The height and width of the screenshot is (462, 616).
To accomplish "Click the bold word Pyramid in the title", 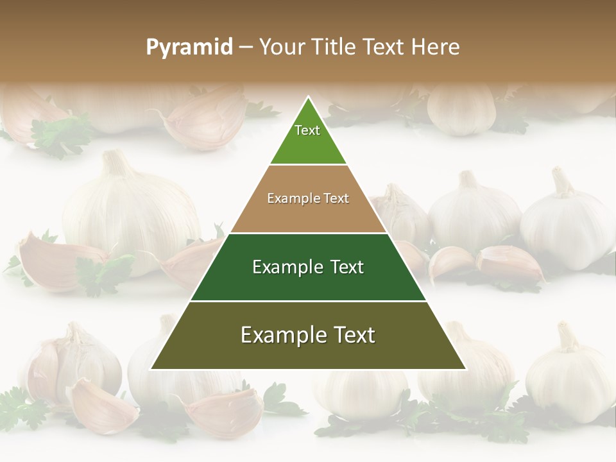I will [189, 47].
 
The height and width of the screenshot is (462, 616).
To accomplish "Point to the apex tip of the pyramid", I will [308, 98].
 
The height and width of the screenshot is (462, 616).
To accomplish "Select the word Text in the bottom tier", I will [352, 335].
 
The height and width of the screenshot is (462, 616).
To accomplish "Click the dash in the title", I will [246, 47].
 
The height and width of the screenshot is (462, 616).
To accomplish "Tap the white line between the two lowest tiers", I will [308, 301].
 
